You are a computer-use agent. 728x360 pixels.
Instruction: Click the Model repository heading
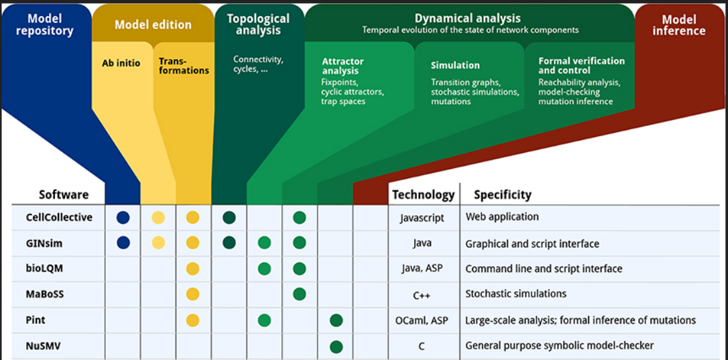[x=44, y=25]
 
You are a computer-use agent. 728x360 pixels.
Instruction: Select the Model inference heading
[x=679, y=25]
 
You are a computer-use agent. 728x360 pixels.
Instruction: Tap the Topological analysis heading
[x=258, y=25]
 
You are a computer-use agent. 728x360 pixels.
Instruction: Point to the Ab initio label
[x=121, y=63]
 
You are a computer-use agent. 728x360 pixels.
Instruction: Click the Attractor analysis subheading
[x=343, y=66]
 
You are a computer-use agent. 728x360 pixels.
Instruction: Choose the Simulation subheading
[x=455, y=66]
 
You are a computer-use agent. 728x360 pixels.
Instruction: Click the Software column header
[x=64, y=194]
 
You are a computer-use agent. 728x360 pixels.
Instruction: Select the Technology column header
[x=424, y=194]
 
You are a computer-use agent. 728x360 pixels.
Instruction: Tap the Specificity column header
[x=503, y=194]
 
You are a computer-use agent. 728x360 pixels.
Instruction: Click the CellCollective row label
[x=60, y=217]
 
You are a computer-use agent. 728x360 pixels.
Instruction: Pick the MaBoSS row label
[x=44, y=294]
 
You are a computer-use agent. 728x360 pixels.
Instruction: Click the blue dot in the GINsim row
[x=123, y=243]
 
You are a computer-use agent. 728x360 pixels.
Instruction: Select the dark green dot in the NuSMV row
[x=336, y=347]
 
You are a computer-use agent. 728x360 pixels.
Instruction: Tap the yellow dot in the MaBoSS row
[x=192, y=294]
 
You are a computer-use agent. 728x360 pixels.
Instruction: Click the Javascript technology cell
[x=422, y=217]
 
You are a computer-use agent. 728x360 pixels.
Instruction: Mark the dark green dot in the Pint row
[x=336, y=320]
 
